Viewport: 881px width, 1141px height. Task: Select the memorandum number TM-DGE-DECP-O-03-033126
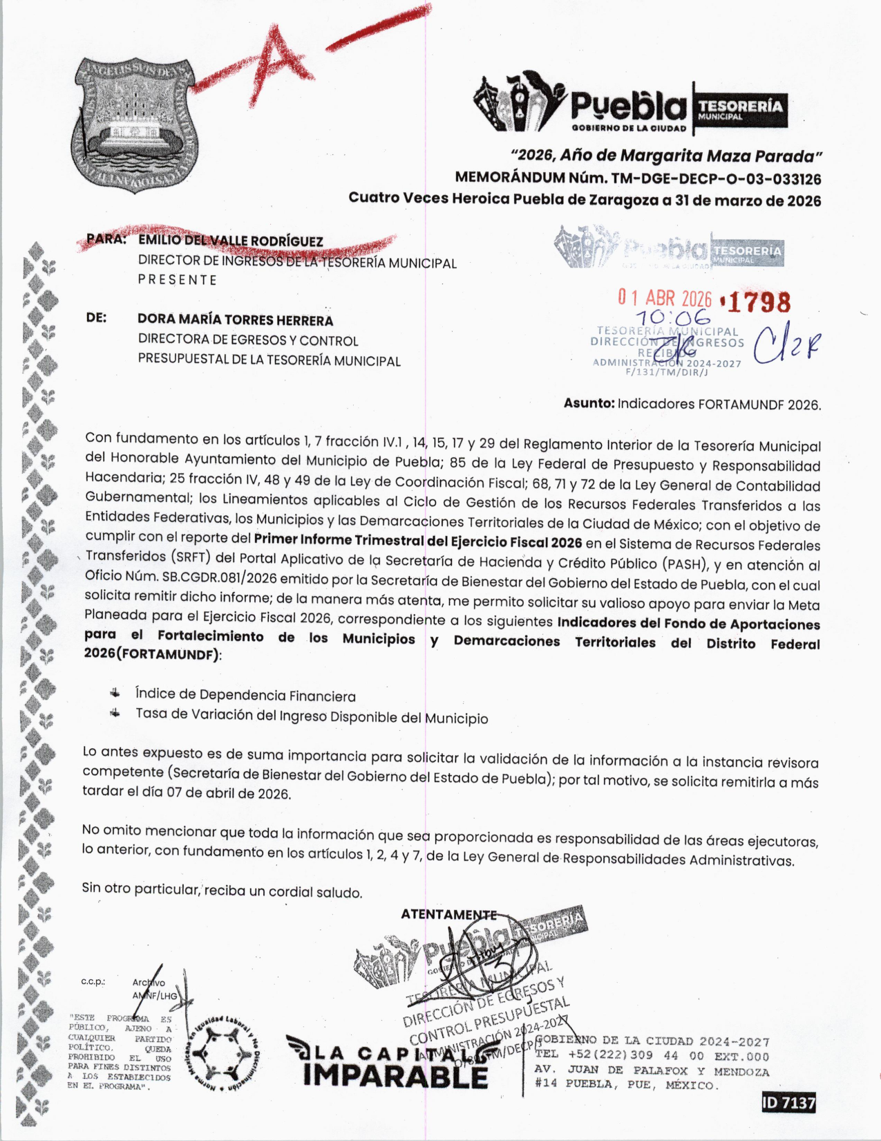coord(716,179)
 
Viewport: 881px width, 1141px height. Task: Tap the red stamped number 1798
coord(758,302)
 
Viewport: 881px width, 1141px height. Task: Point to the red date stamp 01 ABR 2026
coord(665,298)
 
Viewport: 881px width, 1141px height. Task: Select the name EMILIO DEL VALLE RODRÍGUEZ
coord(231,241)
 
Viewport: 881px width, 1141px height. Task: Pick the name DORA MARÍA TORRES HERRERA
coord(235,320)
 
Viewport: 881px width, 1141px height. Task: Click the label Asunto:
coord(589,403)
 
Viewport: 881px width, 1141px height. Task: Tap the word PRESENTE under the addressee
coord(178,280)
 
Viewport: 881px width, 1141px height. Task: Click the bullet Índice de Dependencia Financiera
coord(245,695)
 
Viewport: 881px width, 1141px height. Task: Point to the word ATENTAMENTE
coord(448,914)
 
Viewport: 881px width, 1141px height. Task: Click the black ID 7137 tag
coord(788,1102)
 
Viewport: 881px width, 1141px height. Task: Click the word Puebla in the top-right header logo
coord(628,106)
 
